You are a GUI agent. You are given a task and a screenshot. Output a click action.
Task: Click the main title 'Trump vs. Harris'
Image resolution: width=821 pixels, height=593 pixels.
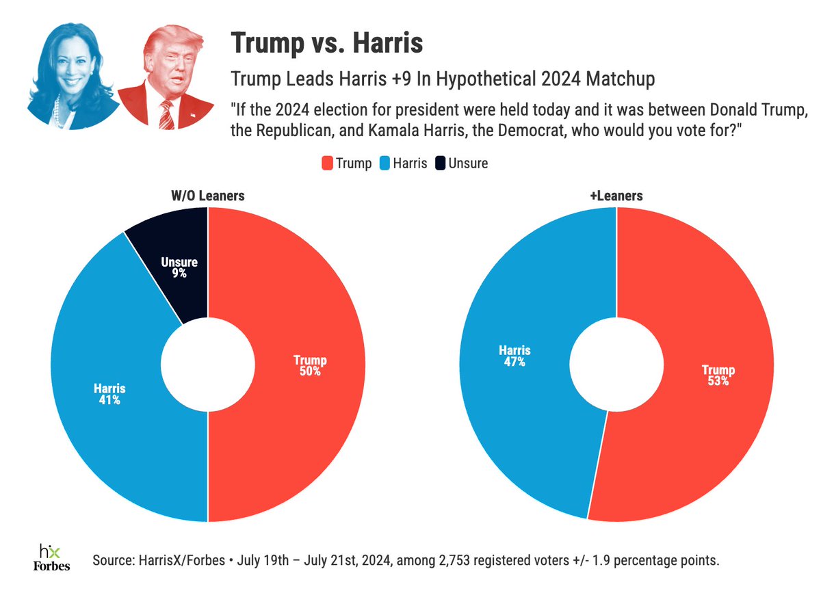tap(327, 44)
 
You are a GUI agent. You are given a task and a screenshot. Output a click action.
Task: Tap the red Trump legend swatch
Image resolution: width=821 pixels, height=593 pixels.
tap(326, 163)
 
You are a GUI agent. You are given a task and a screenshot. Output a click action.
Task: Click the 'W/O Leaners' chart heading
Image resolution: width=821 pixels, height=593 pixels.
tap(207, 196)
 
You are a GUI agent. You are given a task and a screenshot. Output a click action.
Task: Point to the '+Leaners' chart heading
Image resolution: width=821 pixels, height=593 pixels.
tap(616, 196)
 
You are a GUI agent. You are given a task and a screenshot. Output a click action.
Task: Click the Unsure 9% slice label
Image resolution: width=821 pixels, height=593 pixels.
tap(175, 267)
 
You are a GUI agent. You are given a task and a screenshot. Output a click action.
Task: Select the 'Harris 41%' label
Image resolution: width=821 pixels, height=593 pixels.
tap(109, 395)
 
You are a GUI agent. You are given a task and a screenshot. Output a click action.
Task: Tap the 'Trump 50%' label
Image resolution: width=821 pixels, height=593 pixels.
tap(310, 366)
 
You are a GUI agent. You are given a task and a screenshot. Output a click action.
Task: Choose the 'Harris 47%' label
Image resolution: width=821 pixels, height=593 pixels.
tap(514, 356)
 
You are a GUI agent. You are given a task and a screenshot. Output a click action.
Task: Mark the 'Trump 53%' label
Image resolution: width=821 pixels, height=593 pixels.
tap(718, 375)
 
